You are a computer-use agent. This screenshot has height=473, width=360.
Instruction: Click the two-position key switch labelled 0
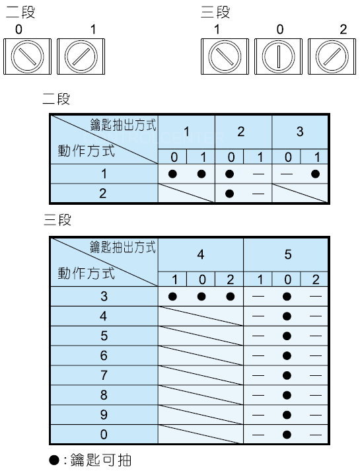point(28,56)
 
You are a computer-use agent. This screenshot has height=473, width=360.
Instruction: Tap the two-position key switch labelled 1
point(81,56)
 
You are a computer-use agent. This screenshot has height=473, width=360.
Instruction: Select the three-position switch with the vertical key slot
point(278,56)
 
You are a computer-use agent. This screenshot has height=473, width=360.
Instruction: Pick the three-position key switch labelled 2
point(332,56)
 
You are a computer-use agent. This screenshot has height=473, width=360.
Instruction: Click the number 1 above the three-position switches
point(217,30)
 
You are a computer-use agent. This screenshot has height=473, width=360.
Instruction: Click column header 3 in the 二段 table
point(300,131)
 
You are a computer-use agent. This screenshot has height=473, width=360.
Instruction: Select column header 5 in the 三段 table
point(288,254)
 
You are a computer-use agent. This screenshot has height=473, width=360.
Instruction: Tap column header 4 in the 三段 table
point(201,254)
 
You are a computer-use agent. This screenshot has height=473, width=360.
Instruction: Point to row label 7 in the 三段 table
point(104,375)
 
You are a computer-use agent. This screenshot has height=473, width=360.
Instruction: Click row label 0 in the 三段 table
point(104,435)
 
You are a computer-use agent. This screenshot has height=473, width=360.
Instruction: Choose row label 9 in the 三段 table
point(104,415)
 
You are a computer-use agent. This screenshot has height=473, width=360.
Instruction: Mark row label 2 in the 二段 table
point(103,194)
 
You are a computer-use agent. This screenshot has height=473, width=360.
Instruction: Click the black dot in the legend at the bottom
point(54,460)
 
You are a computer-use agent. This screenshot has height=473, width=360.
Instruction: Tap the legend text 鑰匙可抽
point(101,460)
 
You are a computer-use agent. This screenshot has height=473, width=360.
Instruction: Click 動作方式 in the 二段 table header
point(87,151)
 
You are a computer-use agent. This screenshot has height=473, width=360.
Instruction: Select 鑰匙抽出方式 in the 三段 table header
point(123,247)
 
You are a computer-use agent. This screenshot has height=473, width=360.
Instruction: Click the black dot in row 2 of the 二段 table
point(229,194)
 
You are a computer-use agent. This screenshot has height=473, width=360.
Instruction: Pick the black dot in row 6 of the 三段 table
point(287,356)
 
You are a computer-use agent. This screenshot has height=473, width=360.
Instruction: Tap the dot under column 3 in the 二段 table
point(315,174)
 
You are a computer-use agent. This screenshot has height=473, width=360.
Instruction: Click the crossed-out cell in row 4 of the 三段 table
point(201,316)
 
